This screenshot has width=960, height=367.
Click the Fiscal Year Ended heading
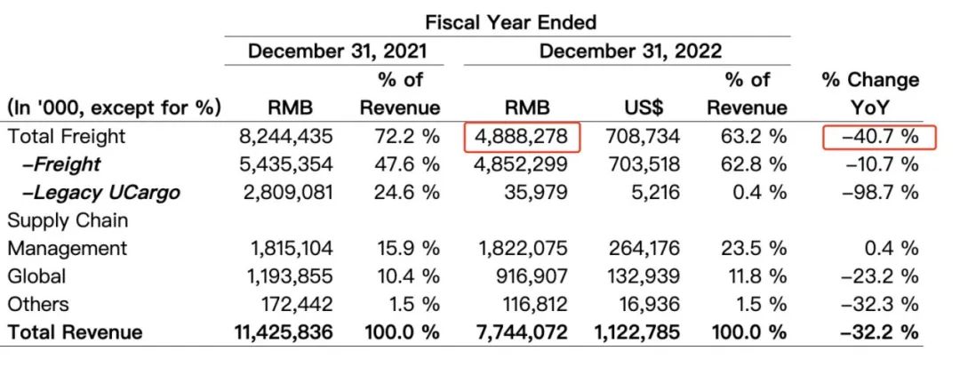pyautogui.click(x=510, y=21)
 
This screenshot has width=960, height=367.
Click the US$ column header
pyautogui.click(x=650, y=108)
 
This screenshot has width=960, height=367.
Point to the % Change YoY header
pyautogui.click(x=870, y=93)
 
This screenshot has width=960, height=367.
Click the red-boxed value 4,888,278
pyautogui.click(x=523, y=137)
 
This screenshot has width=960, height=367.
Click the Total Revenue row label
pyautogui.click(x=75, y=332)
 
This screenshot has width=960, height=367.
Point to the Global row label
pyautogui.click(x=36, y=276)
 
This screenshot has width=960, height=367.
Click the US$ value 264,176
pyautogui.click(x=644, y=248)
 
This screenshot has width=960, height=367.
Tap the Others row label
pyautogui.click(x=38, y=304)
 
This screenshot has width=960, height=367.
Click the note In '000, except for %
pyautogui.click(x=114, y=108)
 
